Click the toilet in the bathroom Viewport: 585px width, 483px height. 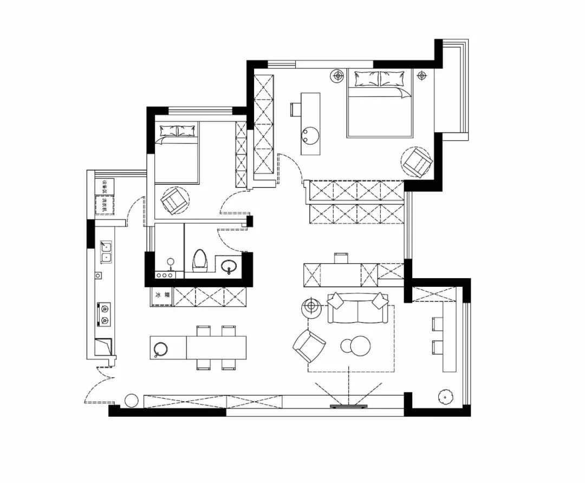[x=200, y=261]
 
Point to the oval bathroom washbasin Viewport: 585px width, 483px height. [x=229, y=267]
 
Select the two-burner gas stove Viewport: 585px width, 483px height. [x=103, y=314]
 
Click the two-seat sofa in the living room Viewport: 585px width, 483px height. [x=357, y=308]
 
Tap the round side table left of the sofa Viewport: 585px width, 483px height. [x=311, y=307]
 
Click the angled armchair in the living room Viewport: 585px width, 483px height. [x=309, y=345]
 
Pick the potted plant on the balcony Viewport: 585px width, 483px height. [x=446, y=397]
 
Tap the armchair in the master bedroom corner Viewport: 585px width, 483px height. [x=418, y=163]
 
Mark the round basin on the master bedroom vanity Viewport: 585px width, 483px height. [x=310, y=134]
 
